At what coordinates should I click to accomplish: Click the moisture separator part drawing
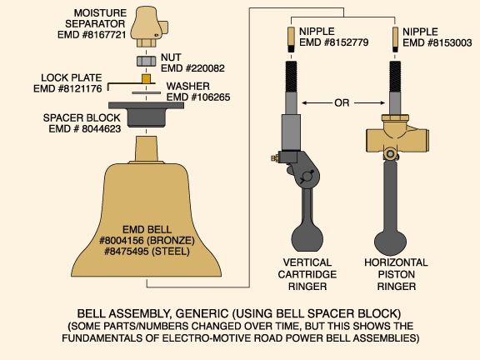point(149,27)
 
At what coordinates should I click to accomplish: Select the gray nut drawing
point(147,61)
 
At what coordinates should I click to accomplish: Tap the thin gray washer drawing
point(147,92)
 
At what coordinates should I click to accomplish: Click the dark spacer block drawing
point(147,114)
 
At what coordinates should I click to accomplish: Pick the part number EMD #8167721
point(92,35)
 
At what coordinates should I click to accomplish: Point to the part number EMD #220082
point(192,68)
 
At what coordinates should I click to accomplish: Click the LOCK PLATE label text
point(72,77)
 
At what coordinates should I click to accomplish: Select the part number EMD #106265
point(198,97)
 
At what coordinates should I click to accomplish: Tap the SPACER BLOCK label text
point(82,117)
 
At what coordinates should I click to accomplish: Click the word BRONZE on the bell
point(171,240)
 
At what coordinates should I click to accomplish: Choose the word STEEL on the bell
point(171,252)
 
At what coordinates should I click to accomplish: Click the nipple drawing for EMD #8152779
point(291,39)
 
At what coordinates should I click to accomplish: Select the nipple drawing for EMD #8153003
point(395,39)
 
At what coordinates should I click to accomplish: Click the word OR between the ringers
point(342,102)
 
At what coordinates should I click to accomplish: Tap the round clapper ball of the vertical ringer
point(307,238)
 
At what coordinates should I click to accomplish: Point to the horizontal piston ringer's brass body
point(397,137)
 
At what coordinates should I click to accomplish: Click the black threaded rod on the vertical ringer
point(291,77)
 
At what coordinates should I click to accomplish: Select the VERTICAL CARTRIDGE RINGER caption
point(307,274)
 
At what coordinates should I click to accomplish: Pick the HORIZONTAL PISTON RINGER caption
point(396,274)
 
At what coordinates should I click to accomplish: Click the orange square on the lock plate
point(147,78)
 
